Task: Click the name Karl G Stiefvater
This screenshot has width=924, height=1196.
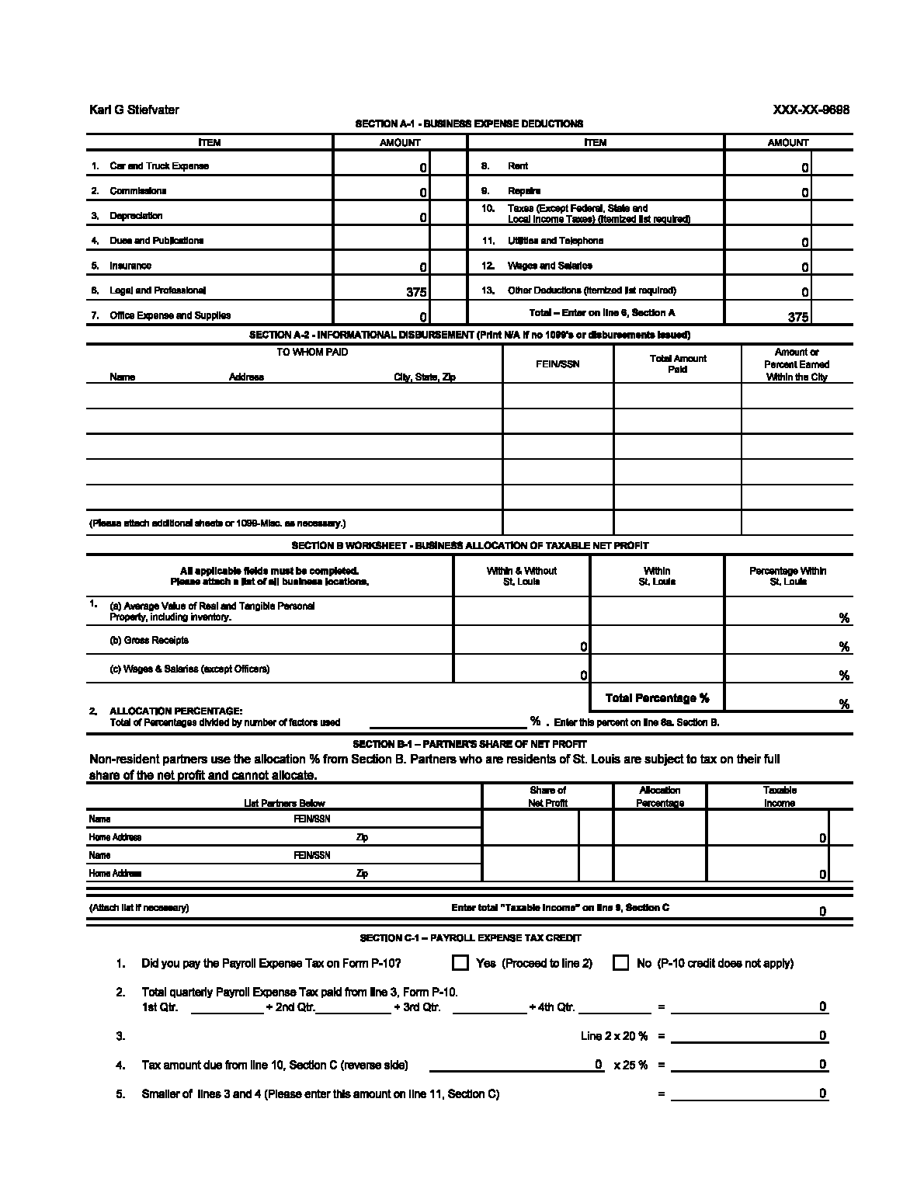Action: pos(134,110)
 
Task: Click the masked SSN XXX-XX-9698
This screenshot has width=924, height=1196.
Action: pos(811,110)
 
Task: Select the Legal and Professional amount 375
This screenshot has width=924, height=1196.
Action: pos(416,292)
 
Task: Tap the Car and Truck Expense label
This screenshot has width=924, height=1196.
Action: pos(159,166)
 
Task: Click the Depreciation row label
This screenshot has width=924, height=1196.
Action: pos(136,216)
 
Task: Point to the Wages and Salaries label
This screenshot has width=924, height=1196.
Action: pos(550,266)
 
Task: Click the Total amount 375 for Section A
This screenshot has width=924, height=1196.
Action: pos(797,317)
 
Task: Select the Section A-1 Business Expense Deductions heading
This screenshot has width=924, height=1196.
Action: pos(469,123)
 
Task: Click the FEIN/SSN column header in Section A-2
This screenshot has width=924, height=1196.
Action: pos(558,364)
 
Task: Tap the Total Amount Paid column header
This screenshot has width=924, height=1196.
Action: pos(678,363)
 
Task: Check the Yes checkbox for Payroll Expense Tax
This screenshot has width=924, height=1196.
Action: pos(460,963)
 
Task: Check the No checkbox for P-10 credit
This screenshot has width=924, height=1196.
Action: pos(620,963)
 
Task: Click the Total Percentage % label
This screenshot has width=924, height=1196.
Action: pos(657,697)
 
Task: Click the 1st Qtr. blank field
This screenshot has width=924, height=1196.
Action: pos(227,1007)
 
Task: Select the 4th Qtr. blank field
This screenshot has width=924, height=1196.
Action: pos(615,1007)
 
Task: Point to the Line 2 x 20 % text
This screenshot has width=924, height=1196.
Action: pos(613,1036)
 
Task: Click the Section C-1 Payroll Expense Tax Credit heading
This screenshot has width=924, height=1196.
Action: pos(471,938)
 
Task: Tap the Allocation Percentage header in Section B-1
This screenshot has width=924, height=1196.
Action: pos(660,797)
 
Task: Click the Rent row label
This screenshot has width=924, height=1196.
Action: pos(518,166)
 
